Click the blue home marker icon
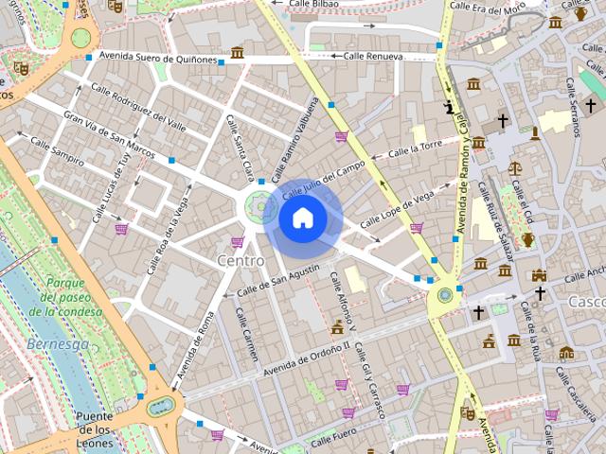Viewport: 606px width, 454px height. pyautogui.click(x=303, y=218)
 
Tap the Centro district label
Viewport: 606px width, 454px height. pyautogui.click(x=241, y=259)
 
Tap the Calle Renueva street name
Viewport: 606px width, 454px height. pyautogui.click(x=373, y=57)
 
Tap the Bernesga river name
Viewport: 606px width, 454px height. pyautogui.click(x=58, y=343)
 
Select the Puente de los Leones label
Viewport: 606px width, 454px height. pyautogui.click(x=95, y=429)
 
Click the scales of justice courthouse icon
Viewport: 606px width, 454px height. pyautogui.click(x=515, y=168)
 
